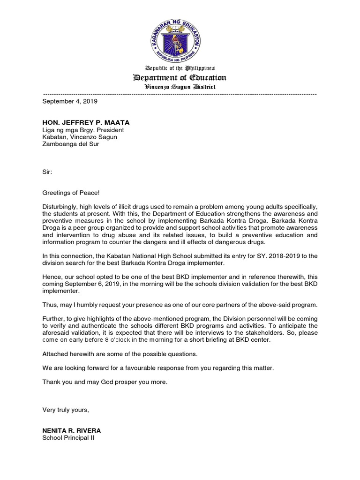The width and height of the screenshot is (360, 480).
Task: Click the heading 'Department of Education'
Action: (x=180, y=78)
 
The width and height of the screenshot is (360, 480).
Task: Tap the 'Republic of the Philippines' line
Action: (x=180, y=68)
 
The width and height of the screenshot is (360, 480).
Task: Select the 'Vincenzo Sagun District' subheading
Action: (x=180, y=87)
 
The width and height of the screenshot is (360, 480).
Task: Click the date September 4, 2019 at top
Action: (x=70, y=101)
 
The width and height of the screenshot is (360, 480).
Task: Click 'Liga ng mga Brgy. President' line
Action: (x=83, y=130)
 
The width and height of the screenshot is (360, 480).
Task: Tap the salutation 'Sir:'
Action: (x=48, y=172)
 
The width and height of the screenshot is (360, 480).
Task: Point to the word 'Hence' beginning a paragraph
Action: (x=51, y=277)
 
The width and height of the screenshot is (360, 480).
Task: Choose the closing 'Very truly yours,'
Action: (x=66, y=410)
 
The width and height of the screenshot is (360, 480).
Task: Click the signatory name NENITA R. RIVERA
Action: (x=72, y=431)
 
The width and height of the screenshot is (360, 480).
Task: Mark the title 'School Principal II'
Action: (x=68, y=438)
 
